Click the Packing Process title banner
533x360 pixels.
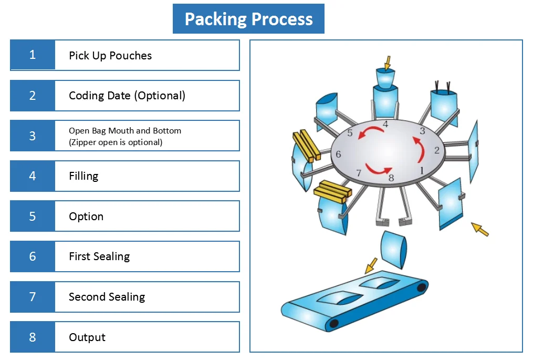click(248, 19)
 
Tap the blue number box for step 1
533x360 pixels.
click(33, 55)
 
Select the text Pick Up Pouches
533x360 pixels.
click(110, 56)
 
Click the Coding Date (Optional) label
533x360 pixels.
click(127, 96)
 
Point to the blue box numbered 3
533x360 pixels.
click(33, 136)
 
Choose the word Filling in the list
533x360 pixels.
click(83, 176)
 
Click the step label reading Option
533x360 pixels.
click(86, 217)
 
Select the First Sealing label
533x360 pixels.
click(99, 256)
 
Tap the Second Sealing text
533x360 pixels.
click(107, 297)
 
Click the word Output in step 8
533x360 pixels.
click(87, 337)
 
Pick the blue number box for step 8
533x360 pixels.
click(33, 337)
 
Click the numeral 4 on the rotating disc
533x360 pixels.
click(385, 125)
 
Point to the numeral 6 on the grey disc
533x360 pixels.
click(338, 155)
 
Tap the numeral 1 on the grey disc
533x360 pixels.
click(421, 170)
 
